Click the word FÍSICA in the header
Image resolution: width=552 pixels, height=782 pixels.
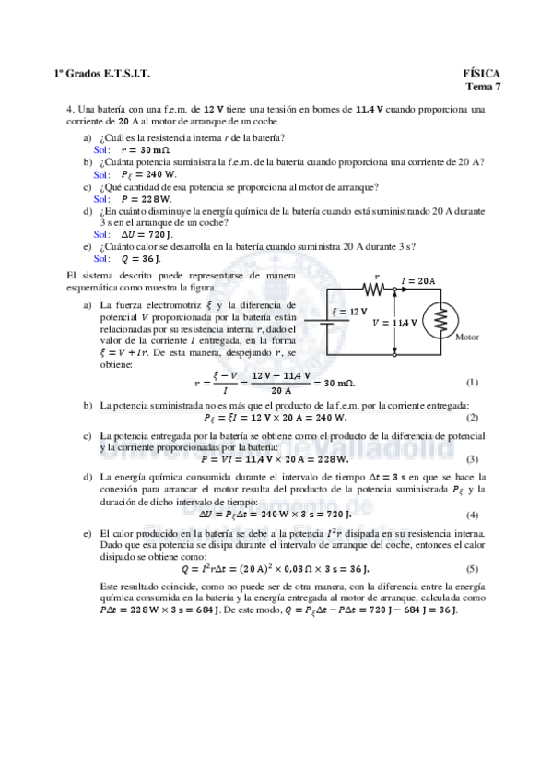[482, 73]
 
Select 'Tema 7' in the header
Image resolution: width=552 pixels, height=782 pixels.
[484, 87]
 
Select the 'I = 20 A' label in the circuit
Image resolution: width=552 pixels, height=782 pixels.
[419, 280]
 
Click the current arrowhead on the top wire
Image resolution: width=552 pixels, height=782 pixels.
[396, 289]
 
